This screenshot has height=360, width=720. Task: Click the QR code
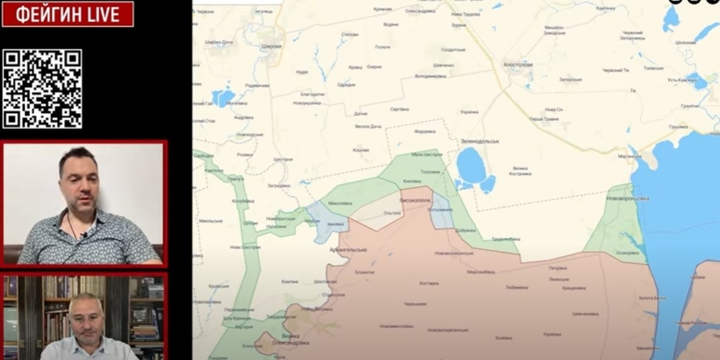(40, 88)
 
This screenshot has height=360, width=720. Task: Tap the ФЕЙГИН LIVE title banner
(67, 13)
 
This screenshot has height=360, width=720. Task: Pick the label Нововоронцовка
(628, 198)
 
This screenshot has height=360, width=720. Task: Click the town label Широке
(272, 45)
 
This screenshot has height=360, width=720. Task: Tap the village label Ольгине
(393, 210)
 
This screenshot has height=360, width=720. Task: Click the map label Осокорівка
(628, 253)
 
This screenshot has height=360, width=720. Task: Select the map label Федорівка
(424, 132)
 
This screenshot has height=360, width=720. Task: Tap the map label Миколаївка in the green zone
(341, 204)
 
